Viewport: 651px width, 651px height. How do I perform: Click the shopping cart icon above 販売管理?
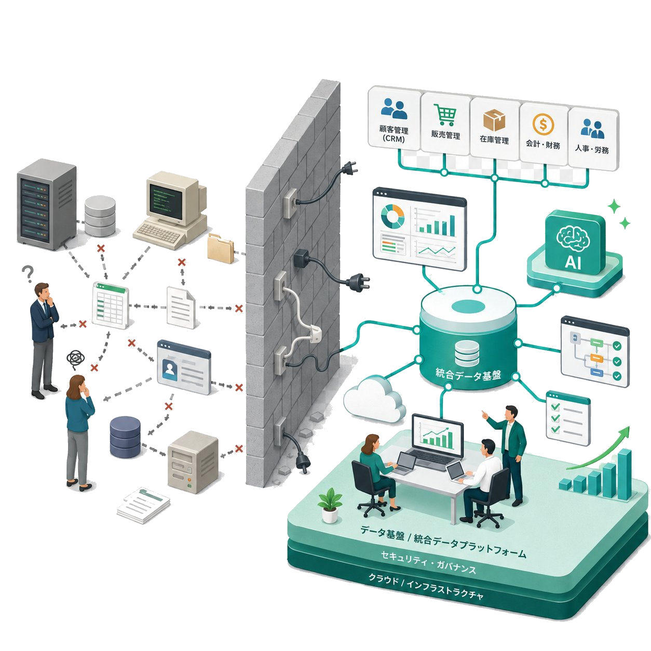445,115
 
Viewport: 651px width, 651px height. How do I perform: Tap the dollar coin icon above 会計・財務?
543,124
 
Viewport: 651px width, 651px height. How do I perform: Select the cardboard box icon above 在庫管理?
494,120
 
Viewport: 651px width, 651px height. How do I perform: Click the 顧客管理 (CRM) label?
394,134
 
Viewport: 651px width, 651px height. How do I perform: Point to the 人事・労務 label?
592,149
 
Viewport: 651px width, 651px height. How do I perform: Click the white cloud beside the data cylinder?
374,403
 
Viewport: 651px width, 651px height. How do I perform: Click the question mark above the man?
28,274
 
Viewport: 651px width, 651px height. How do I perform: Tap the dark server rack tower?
46,205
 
